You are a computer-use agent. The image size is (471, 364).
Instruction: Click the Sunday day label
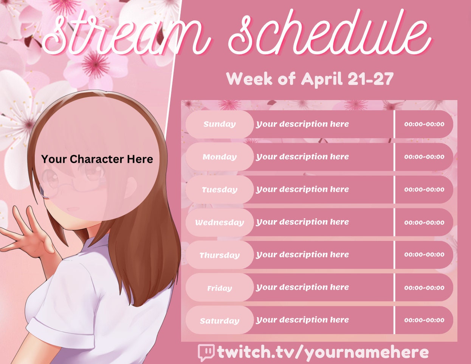pyautogui.click(x=219, y=124)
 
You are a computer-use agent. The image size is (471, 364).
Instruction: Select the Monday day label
pyautogui.click(x=219, y=157)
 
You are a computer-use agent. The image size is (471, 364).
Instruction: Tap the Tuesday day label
pyautogui.click(x=219, y=190)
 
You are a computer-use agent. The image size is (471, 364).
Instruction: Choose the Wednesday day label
pyautogui.click(x=219, y=222)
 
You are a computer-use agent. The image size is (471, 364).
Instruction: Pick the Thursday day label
pyautogui.click(x=219, y=255)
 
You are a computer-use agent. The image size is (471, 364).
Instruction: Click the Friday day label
pyautogui.click(x=219, y=288)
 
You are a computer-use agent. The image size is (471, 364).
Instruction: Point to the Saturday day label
pyautogui.click(x=219, y=321)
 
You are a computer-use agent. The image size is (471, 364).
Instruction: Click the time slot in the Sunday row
pyautogui.click(x=424, y=124)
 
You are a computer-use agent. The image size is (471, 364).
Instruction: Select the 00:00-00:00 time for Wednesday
pyautogui.click(x=424, y=222)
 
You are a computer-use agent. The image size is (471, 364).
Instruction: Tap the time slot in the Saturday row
pyautogui.click(x=424, y=320)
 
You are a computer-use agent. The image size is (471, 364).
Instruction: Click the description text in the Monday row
pyautogui.click(x=302, y=157)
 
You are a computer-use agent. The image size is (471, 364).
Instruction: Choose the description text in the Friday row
pyautogui.click(x=302, y=288)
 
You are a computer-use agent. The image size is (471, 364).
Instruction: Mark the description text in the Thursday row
pyautogui.click(x=302, y=255)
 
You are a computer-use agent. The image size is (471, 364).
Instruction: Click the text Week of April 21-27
pyautogui.click(x=310, y=79)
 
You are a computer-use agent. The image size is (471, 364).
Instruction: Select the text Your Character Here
pyautogui.click(x=97, y=159)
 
